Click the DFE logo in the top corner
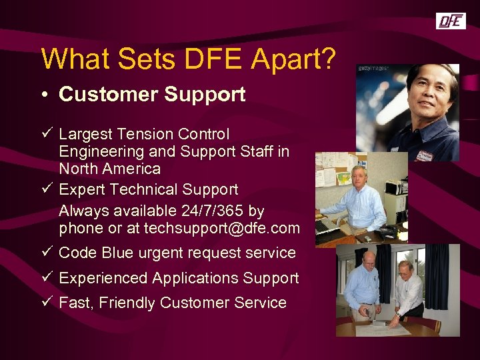[451, 21]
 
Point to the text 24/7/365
[209, 211]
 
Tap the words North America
[109, 169]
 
